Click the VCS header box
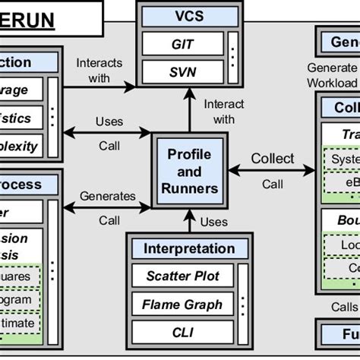(x=189, y=17)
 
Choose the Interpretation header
(x=189, y=248)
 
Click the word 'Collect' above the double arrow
(x=272, y=158)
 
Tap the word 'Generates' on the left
(x=108, y=196)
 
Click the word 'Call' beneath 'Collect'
(x=272, y=184)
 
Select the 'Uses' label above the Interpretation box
(x=213, y=221)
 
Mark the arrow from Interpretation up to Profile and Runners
(x=189, y=220)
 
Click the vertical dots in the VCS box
(x=231, y=59)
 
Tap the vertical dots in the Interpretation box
(x=242, y=305)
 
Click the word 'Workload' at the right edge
(x=332, y=82)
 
